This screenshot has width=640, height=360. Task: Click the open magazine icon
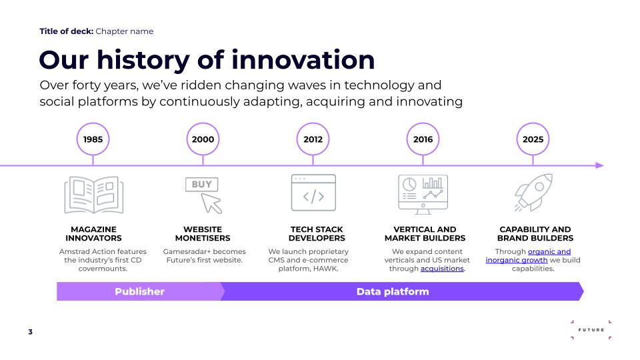point(94,195)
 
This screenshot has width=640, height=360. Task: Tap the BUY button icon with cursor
point(203,195)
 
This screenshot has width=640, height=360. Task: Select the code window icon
point(313,193)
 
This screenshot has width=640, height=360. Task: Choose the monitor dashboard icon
point(423,194)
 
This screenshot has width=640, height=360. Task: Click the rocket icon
point(533,193)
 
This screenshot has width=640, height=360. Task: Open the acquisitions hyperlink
point(442,269)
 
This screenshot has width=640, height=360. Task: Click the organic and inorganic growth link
point(528,256)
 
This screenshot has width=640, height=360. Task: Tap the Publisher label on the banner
point(139,291)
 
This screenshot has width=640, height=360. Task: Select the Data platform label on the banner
point(393,291)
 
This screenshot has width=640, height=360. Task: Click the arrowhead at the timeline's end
point(600,165)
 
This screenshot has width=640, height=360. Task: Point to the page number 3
point(30,332)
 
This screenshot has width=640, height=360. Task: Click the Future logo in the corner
point(591,330)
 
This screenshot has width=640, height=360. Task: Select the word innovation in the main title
point(303,59)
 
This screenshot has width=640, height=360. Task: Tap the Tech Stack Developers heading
point(317,233)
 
